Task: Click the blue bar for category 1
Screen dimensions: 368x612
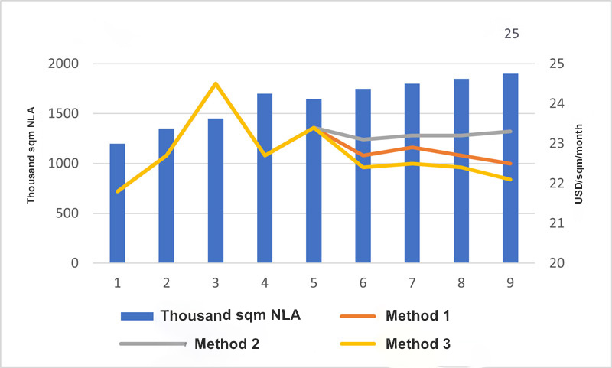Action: pyautogui.click(x=117, y=204)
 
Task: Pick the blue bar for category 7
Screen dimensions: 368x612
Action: pyautogui.click(x=412, y=174)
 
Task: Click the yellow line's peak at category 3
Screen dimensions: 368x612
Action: pyautogui.click(x=216, y=83)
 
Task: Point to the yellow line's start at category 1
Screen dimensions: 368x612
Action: pyautogui.click(x=117, y=191)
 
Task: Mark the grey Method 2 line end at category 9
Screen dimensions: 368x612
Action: pyautogui.click(x=510, y=131)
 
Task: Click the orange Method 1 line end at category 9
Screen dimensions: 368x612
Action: pyautogui.click(x=510, y=163)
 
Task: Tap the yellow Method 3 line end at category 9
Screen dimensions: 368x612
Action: pyautogui.click(x=510, y=180)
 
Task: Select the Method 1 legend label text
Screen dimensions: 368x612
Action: pyautogui.click(x=418, y=315)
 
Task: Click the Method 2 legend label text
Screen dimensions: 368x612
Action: pyautogui.click(x=227, y=344)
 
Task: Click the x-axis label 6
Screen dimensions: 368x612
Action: pyautogui.click(x=363, y=283)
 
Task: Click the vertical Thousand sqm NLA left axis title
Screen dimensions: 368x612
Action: pyautogui.click(x=31, y=163)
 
